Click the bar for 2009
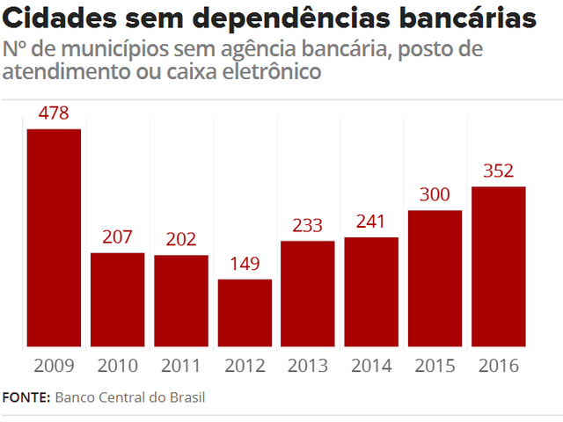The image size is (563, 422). [54, 238]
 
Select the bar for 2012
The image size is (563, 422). [245, 314]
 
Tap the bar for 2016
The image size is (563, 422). [498, 267]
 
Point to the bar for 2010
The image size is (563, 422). [117, 300]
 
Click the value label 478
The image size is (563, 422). [54, 113]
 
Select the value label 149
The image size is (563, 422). [245, 264]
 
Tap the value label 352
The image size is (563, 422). [498, 171]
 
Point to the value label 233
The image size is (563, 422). [308, 225]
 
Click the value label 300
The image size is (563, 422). [435, 194]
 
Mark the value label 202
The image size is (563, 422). [180, 239]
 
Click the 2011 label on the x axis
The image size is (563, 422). [180, 365]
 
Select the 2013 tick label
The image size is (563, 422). [308, 365]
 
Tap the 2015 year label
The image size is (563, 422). [435, 365]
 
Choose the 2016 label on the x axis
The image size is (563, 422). [498, 365]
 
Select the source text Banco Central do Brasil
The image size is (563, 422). [130, 397]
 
